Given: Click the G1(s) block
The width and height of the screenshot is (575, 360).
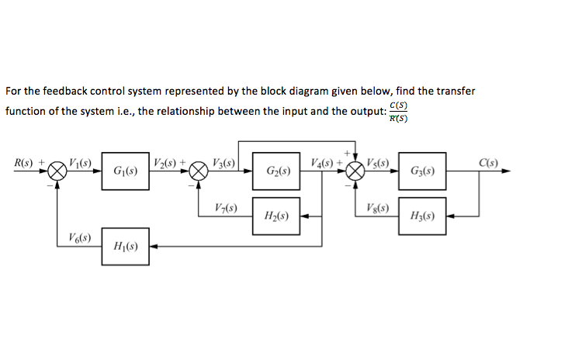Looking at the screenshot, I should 125,171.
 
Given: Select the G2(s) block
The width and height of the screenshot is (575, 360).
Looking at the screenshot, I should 276,171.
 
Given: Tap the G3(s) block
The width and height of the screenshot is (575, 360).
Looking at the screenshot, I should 424,171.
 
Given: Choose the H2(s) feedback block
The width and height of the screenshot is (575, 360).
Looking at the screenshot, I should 276,216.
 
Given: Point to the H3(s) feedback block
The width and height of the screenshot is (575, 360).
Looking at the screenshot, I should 424,216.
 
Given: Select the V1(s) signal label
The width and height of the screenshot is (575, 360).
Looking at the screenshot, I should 81,163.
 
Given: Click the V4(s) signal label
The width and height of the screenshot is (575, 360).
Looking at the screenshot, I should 320,163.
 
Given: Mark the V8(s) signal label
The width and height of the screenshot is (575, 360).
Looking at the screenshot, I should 377,209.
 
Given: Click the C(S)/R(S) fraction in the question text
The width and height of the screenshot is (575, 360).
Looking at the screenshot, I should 399,112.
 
